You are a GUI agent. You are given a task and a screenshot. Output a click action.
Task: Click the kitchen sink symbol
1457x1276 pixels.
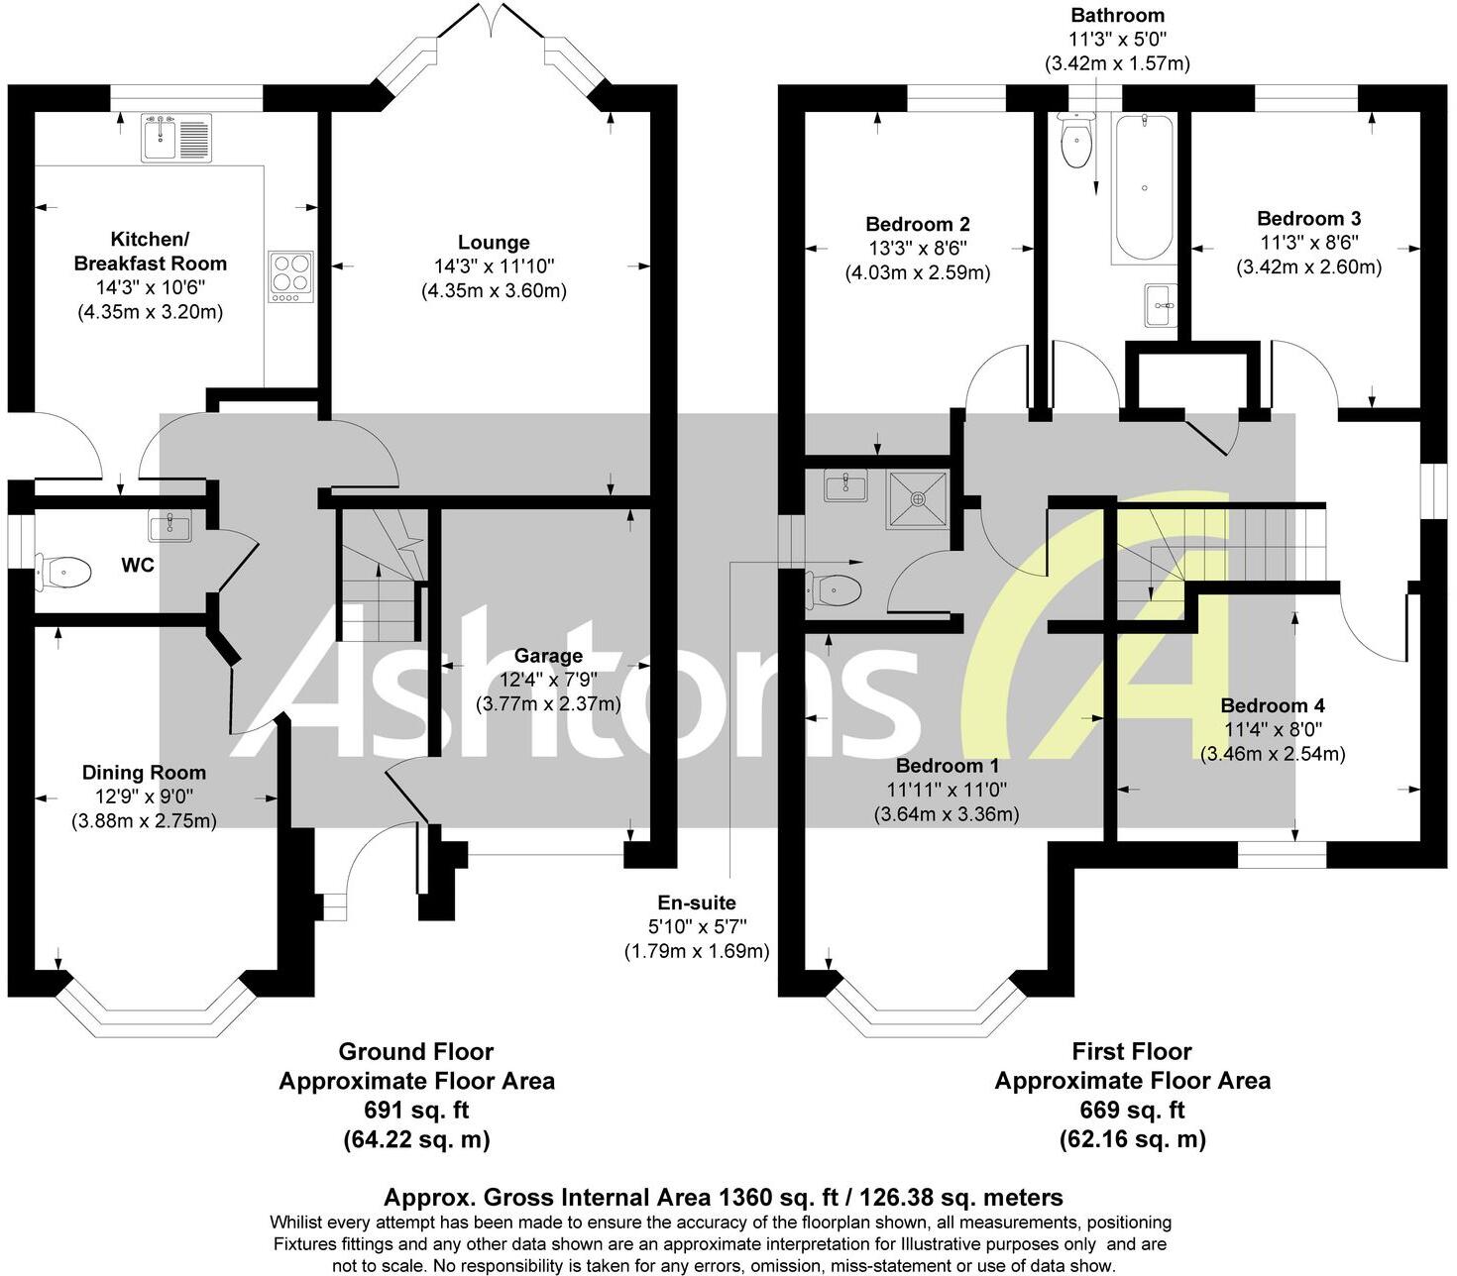tap(176, 138)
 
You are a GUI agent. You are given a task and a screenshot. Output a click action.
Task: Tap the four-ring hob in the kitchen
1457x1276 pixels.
tap(291, 277)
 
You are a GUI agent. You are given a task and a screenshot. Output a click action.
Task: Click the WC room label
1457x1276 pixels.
tap(137, 566)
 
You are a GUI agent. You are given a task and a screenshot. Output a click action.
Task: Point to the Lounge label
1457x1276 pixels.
tap(494, 243)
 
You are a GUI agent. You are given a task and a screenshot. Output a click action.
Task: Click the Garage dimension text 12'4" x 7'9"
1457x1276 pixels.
tap(548, 680)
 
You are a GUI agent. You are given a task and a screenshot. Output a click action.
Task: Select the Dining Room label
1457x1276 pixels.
tap(144, 773)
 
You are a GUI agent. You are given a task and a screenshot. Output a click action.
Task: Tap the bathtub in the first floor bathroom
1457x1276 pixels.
tap(1144, 187)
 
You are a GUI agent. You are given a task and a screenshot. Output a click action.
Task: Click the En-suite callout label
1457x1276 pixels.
tap(697, 903)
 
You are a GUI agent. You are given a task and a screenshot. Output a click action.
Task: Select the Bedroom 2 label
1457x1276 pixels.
tap(918, 225)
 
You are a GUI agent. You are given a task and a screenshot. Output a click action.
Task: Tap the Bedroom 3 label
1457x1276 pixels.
tap(1308, 219)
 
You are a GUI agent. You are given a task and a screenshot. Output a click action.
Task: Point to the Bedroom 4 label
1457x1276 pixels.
tap(1273, 705)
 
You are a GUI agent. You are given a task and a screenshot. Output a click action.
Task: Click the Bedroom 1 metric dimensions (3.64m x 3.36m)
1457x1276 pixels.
tap(946, 814)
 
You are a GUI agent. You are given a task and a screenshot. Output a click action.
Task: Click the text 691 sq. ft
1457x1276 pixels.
tap(416, 1110)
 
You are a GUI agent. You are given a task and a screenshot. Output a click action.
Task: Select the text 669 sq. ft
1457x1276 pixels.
tap(1132, 1110)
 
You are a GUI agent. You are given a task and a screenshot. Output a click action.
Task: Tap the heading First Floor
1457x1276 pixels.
tap(1132, 1051)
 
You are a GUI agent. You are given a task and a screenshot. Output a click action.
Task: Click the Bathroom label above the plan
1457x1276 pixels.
tap(1117, 16)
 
